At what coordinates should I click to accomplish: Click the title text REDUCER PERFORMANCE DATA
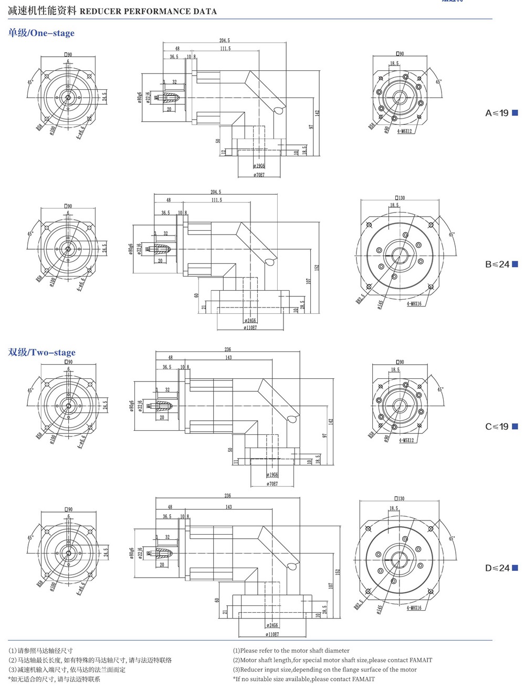[x=148, y=11]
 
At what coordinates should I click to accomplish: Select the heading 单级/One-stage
[x=41, y=33]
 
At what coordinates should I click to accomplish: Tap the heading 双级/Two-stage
[x=42, y=352]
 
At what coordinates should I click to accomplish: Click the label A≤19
[x=497, y=113]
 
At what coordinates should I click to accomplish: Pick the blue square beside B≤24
[x=515, y=264]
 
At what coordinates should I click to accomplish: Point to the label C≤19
[x=497, y=427]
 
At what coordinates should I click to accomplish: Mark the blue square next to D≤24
[x=515, y=568]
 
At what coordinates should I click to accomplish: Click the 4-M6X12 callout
[x=405, y=131]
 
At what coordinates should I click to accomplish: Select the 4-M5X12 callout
[x=406, y=440]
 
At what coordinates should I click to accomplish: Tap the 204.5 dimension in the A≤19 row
[x=224, y=40]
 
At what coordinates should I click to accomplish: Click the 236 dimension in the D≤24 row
[x=227, y=495]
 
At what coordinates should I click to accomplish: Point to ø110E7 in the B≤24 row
[x=250, y=328]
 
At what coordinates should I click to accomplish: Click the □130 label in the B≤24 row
[x=400, y=198]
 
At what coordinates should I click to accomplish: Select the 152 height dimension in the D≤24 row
[x=338, y=571]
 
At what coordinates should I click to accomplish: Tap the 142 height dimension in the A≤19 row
[x=317, y=113]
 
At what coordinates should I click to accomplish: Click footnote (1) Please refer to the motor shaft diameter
[x=291, y=651]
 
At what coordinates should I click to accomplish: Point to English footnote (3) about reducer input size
[x=324, y=669]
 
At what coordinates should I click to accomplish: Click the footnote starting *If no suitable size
[x=304, y=679]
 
